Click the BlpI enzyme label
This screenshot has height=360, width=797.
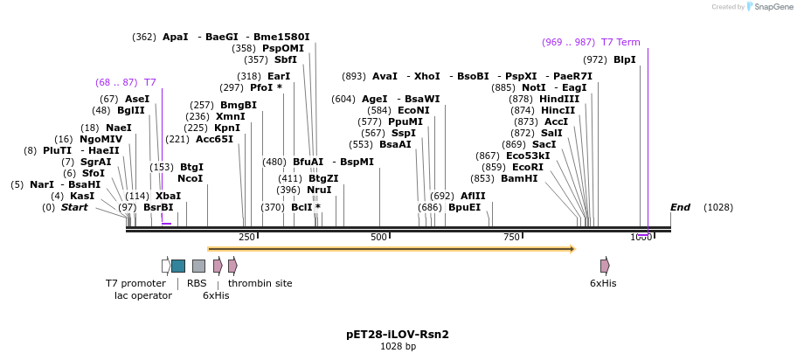624,59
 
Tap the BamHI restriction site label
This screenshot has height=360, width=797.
519,178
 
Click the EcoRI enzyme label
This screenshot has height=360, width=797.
527,167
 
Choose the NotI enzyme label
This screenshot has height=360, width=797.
533,87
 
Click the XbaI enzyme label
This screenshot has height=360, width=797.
168,196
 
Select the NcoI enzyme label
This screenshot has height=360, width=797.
190,178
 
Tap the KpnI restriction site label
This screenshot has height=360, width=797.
227,128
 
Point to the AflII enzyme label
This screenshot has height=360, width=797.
473,196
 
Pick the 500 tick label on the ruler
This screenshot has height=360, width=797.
378,238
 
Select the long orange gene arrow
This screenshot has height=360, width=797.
391,249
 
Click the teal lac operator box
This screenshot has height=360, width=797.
178,266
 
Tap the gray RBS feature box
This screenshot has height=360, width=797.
198,266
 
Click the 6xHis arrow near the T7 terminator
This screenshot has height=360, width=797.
605,266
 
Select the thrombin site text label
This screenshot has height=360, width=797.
260,283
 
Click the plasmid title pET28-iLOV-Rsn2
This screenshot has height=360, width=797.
398,334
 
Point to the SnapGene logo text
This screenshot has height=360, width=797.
773,7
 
